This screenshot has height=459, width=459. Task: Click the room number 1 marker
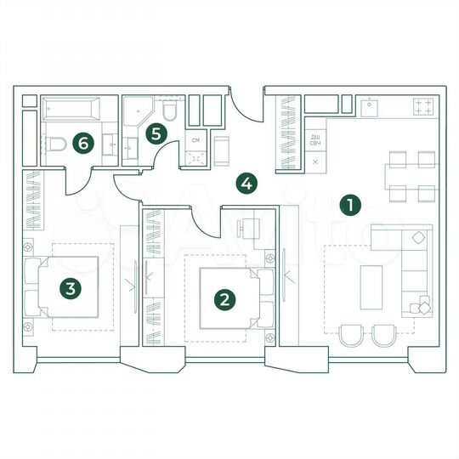[348, 204]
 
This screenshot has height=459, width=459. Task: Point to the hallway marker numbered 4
[246, 182]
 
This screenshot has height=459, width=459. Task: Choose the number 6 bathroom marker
[82, 143]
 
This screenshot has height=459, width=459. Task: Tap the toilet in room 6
[56, 144]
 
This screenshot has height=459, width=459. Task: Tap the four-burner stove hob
[423, 107]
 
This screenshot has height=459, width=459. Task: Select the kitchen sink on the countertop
[370, 106]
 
